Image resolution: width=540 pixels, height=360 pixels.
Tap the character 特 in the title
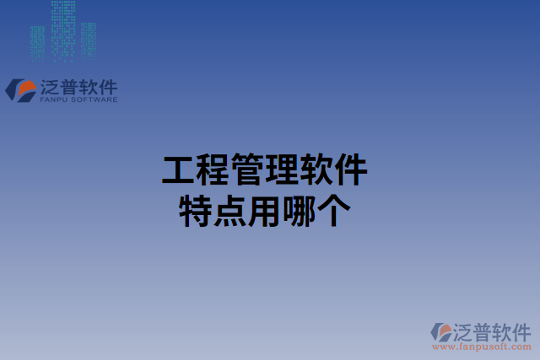(x=195, y=211)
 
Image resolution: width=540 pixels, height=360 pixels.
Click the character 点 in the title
(x=229, y=211)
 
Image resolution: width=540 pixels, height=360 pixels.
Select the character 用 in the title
(x=263, y=211)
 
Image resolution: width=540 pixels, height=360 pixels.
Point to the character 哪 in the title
(x=298, y=211)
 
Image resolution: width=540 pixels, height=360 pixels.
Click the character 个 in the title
(x=332, y=211)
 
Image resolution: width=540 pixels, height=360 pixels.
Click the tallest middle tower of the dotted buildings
(x=62, y=30)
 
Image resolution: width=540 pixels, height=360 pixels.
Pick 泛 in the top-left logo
(x=49, y=87)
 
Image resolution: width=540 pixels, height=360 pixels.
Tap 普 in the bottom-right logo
(x=481, y=330)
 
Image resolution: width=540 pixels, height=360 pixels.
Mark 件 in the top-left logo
(x=109, y=87)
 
